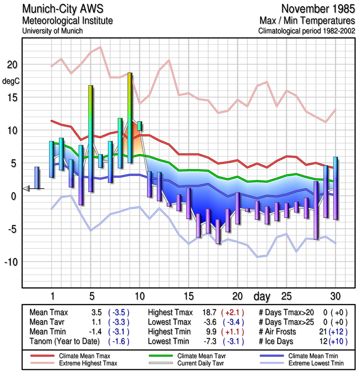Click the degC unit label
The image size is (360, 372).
pyautogui.click(x=11, y=80)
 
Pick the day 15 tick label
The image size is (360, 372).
pyautogui.click(x=188, y=296)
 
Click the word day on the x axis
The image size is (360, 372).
pyautogui.click(x=263, y=296)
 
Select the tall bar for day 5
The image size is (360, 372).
pyautogui.click(x=91, y=138)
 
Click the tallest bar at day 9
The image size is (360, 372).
pyautogui.click(x=130, y=118)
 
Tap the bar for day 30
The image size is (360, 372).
pyautogui.click(x=335, y=188)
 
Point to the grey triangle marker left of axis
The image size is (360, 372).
pyautogui.click(x=26, y=188)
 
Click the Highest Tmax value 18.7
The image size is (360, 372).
pyautogui.click(x=210, y=312)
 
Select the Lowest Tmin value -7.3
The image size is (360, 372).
pyautogui.click(x=210, y=340)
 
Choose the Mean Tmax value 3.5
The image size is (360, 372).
pyautogui.click(x=98, y=312)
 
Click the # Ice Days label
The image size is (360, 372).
pyautogui.click(x=278, y=340)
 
